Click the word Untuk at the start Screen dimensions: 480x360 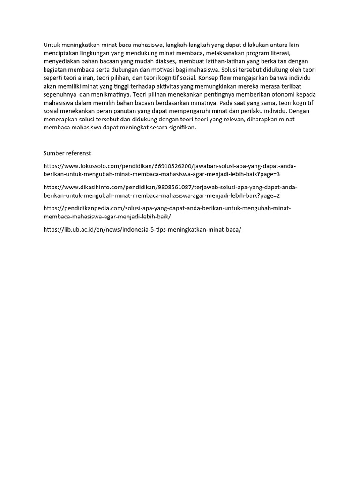coord(51,45)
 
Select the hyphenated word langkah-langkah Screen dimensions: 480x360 coord(187,45)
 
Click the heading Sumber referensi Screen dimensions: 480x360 coord(68,153)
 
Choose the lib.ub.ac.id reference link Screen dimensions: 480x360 coord(142,229)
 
